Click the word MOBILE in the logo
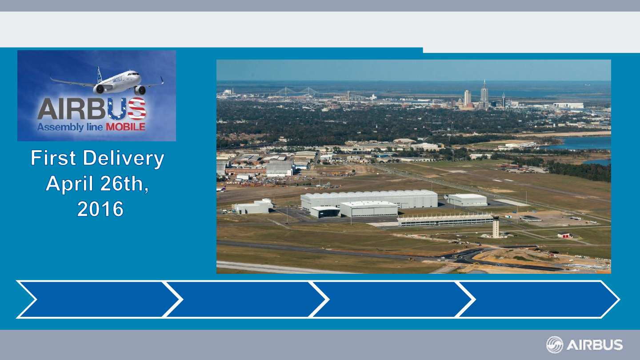[x=126, y=127]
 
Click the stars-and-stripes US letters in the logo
[x=127, y=108]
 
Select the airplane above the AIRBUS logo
[x=107, y=81]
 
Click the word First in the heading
[x=53, y=158]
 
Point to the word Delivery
[x=124, y=159]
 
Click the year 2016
[x=100, y=209]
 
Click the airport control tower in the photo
[x=496, y=227]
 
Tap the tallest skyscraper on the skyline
[x=484, y=93]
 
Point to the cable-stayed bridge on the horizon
[x=297, y=92]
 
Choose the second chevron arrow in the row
[x=246, y=299]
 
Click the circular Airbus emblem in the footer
[x=555, y=345]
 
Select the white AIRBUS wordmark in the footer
[x=595, y=345]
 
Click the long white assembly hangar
[x=369, y=200]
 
